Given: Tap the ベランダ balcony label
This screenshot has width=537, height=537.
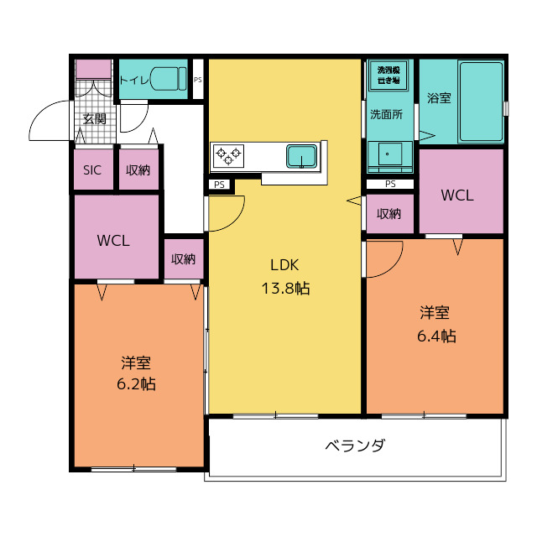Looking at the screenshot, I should pyautogui.click(x=355, y=446).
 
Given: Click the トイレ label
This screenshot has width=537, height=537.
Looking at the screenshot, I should pyautogui.click(x=134, y=81).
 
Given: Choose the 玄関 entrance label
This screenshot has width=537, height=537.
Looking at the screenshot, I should pyautogui.click(x=94, y=119).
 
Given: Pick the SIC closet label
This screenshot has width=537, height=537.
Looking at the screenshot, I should pyautogui.click(x=92, y=169).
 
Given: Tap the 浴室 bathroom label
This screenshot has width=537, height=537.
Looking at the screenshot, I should pyautogui.click(x=439, y=98).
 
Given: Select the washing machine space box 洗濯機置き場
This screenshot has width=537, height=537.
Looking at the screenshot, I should pyautogui.click(x=389, y=76).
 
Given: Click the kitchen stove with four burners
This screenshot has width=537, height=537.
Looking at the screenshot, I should pyautogui.click(x=228, y=154).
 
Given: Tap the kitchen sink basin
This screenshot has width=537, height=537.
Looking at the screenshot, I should pyautogui.click(x=301, y=155).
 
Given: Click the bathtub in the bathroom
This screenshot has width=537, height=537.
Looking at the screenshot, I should pyautogui.click(x=481, y=102).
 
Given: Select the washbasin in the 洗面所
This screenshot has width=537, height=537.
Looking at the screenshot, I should pyautogui.click(x=388, y=155).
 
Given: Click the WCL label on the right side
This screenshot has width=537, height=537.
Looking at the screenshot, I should pyautogui.click(x=457, y=196).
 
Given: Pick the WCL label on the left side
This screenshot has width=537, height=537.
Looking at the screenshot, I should pyautogui.click(x=113, y=240).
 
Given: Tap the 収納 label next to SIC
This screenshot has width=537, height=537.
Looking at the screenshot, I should pyautogui.click(x=138, y=169).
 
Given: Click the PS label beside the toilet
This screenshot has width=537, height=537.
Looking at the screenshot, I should pyautogui.click(x=198, y=81).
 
